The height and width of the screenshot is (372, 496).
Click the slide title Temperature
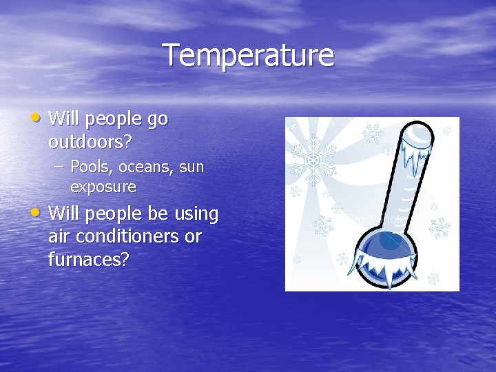(x=248, y=56)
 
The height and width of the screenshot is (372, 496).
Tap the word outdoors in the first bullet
(x=87, y=142)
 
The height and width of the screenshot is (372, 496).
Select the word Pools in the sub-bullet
(x=88, y=167)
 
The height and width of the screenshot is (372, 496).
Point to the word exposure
(x=103, y=187)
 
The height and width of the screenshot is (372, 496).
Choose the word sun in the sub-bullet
(x=191, y=167)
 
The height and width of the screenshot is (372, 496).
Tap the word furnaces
(x=84, y=260)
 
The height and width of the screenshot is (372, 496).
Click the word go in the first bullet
(x=158, y=120)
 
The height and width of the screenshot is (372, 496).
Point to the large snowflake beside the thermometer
(x=312, y=158)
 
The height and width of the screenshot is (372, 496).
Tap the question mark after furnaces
(x=125, y=260)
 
